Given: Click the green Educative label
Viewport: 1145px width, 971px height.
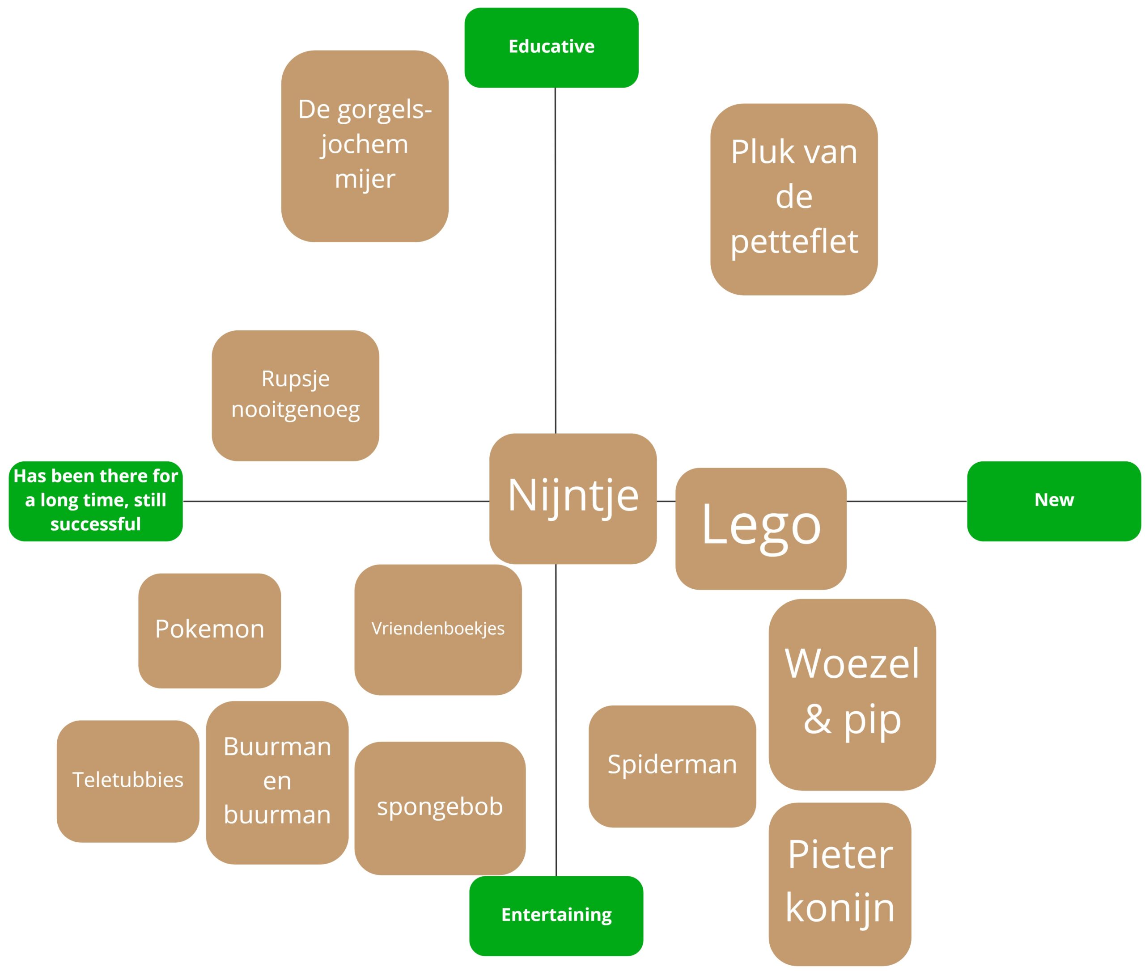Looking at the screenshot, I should pyautogui.click(x=551, y=47).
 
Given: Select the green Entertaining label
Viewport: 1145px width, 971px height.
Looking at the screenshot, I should pyautogui.click(x=556, y=916).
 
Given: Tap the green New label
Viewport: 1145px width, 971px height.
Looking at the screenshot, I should pyautogui.click(x=1054, y=501).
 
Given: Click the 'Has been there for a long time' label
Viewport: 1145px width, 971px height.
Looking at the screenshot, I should pyautogui.click(x=95, y=501).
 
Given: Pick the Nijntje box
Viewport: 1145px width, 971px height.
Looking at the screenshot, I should pyautogui.click(x=573, y=498).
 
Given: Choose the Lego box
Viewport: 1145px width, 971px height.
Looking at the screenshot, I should pyautogui.click(x=761, y=528).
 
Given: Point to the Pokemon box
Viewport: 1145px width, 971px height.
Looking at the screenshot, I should pyautogui.click(x=209, y=630).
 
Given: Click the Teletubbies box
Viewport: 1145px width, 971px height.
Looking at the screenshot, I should pyautogui.click(x=128, y=781).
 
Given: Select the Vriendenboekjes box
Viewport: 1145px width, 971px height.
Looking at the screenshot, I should pyautogui.click(x=438, y=629).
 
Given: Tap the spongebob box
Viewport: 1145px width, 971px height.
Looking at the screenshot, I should pyautogui.click(x=440, y=807).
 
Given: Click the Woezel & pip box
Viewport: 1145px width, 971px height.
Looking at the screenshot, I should pyautogui.click(x=852, y=694).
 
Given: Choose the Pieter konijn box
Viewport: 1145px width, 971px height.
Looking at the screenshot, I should pyautogui.click(x=840, y=883).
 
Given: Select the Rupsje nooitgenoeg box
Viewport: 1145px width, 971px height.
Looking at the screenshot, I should pyautogui.click(x=295, y=395).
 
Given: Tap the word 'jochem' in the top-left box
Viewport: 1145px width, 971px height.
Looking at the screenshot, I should pyautogui.click(x=364, y=145).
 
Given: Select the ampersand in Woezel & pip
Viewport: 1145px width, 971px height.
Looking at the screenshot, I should pyautogui.click(x=817, y=719).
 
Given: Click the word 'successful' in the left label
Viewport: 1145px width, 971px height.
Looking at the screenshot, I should pyautogui.click(x=95, y=524).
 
